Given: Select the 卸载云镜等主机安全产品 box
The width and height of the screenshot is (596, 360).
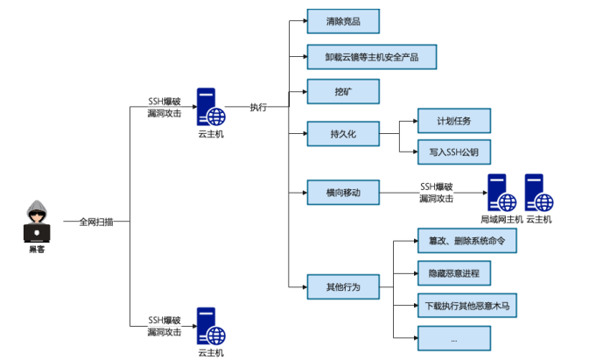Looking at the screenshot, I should pos(371,57).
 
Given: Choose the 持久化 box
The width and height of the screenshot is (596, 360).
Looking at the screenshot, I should pos(342,134).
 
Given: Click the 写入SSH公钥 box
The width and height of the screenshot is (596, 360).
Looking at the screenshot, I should pos(453,151).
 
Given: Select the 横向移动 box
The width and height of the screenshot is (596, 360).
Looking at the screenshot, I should pos(342,192).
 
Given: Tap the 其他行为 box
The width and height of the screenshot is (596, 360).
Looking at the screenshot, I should pos(342,286).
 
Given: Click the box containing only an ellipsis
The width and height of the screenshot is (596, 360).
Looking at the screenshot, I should pos(453,338).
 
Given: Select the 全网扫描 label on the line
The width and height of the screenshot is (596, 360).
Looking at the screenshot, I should pos(96,222).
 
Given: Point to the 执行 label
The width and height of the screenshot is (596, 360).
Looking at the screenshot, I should pos(258,108).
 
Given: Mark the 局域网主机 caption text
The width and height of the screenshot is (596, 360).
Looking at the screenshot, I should pos(501,219).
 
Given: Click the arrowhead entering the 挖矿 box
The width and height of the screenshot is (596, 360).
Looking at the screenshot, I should pos(303,91).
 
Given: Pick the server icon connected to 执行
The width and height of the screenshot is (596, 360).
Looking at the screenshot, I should pos(210,108).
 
